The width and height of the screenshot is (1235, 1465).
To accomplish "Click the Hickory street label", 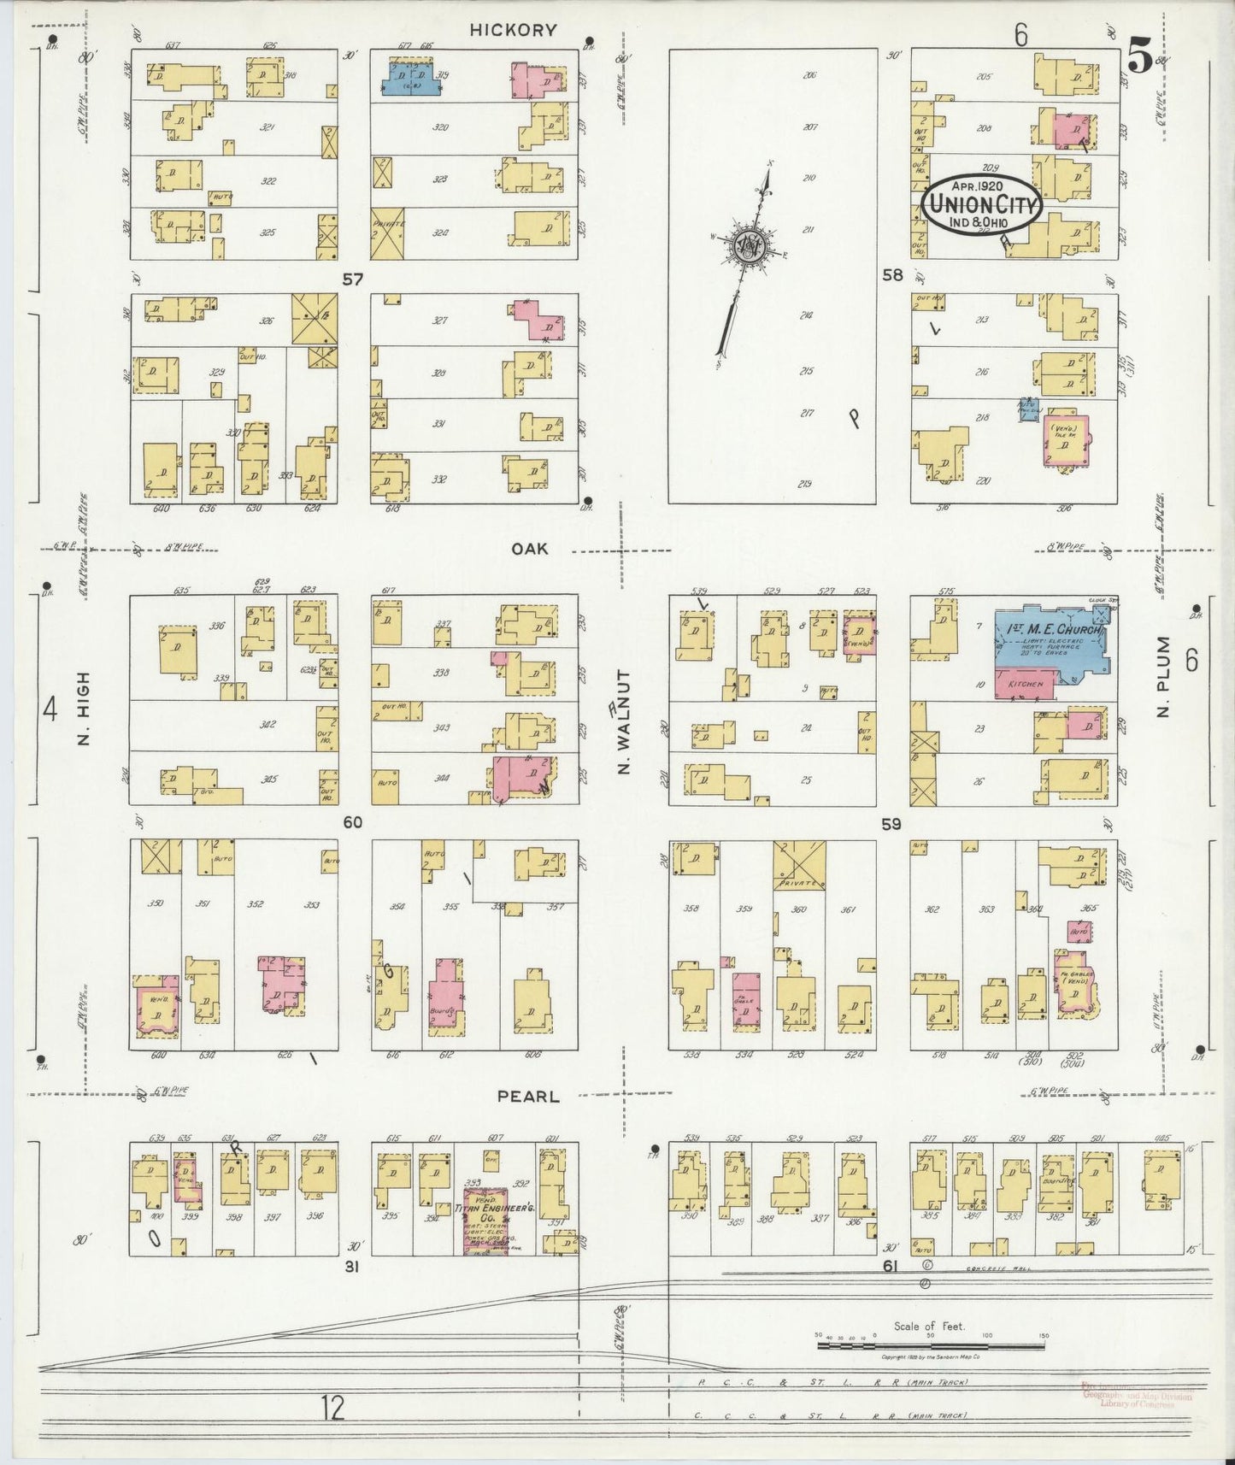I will click(x=513, y=30).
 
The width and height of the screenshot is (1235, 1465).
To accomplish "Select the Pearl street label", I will click(x=536, y=1096).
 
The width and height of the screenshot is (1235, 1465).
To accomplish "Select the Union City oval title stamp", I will click(x=981, y=203).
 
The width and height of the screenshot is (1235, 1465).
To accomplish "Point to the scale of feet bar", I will click(x=930, y=1346).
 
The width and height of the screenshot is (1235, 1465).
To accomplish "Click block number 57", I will click(x=352, y=278).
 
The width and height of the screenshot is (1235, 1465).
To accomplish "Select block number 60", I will click(x=352, y=822).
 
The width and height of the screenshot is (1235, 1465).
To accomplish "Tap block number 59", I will click(x=891, y=824).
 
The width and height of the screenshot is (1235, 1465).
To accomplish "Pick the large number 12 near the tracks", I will click(x=334, y=1406).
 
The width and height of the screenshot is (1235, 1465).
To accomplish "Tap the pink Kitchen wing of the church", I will click(x=1026, y=686).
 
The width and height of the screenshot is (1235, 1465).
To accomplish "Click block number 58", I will click(x=892, y=275).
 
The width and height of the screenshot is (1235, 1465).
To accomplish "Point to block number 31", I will click(x=350, y=1268).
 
